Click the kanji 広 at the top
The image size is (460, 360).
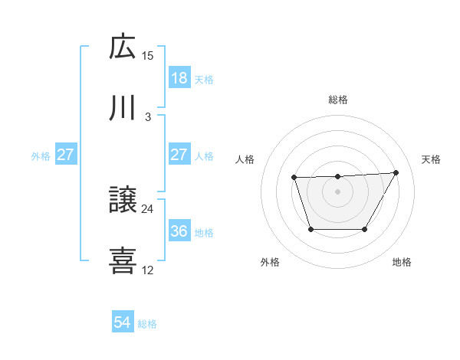coord(123,47)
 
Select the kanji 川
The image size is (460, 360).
coord(123,108)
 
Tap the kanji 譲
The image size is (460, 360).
coord(123,201)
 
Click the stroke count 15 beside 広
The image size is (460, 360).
coord(148,55)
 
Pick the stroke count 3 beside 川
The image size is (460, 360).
coord(148,116)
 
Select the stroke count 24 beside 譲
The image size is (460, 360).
coord(148,208)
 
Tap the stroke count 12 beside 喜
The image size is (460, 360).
coord(148,270)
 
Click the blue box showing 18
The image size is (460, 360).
coord(179,78)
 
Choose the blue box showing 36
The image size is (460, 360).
coord(179,231)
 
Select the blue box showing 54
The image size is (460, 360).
coord(122,323)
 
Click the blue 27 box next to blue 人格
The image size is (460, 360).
coord(179,155)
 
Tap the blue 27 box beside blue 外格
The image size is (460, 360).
coord(65,155)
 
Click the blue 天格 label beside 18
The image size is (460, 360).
coord(204,79)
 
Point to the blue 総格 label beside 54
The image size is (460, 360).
coord(147,324)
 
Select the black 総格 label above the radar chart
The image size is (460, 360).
coord(338,100)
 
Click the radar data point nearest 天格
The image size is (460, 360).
coord(396,173)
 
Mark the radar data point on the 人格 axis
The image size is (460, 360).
coord(294,178)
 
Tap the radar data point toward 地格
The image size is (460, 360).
coord(365,229)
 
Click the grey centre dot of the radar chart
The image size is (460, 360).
coord(337,191)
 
